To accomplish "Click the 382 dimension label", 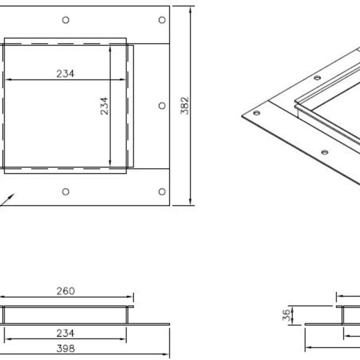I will (x=185, y=105).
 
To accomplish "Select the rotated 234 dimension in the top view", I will (x=104, y=105).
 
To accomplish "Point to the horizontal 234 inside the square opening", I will (x=65, y=74).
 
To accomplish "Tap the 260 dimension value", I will (x=65, y=291).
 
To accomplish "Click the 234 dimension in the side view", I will (x=65, y=333).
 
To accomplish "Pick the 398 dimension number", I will (x=65, y=349).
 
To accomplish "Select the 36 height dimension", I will (x=286, y=315).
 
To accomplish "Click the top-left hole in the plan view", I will (x=65, y=20).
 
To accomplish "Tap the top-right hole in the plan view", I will (x=162, y=20).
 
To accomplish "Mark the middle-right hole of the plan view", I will (x=162, y=105).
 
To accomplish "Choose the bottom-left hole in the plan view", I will (x=65, y=192).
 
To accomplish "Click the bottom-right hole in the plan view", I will (x=162, y=192).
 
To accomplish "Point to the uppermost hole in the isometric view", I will (x=317, y=78).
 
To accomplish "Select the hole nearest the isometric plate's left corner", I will (x=257, y=113).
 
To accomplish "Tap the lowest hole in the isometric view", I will (x=325, y=152).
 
